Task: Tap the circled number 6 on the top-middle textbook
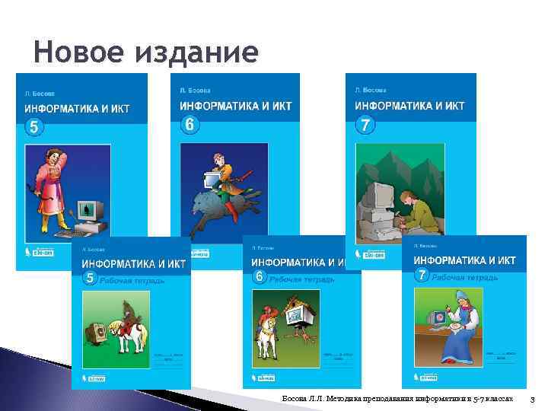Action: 190,124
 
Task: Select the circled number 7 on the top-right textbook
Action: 366,125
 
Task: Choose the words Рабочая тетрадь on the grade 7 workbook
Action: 466,277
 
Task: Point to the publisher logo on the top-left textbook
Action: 38,252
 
